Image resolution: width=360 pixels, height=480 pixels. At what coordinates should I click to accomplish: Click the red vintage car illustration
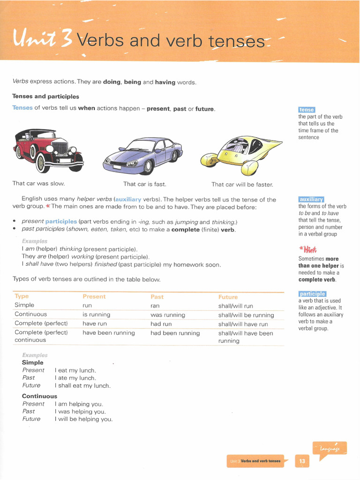pos(49,150)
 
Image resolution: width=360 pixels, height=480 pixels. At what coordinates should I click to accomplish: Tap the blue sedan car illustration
pos(142,156)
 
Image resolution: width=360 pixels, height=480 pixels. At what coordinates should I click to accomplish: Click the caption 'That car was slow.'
pos(38,184)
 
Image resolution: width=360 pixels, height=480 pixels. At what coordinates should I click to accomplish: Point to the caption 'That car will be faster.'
pos(242,184)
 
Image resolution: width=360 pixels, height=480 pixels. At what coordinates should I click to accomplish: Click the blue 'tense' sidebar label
pos(307,110)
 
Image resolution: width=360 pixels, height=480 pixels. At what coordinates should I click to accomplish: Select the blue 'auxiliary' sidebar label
pos(311,199)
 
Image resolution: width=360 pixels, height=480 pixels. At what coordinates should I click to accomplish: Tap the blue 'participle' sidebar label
pos(312,294)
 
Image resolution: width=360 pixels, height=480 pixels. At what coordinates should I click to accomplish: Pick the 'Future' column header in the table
pos(228,297)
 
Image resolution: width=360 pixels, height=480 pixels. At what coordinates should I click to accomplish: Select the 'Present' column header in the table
pos(94,296)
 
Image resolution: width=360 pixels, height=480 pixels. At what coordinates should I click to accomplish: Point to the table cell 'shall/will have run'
pos(243,324)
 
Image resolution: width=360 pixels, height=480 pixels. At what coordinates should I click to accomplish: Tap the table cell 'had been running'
pos(175,333)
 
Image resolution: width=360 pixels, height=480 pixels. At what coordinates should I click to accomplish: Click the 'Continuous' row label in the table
pos(31,314)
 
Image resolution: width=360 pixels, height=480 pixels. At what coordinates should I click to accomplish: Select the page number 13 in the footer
pos(302,461)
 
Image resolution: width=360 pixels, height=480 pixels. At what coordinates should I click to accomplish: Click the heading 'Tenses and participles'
pos(45,97)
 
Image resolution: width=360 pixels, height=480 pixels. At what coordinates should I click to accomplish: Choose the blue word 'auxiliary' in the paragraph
pos(128,199)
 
